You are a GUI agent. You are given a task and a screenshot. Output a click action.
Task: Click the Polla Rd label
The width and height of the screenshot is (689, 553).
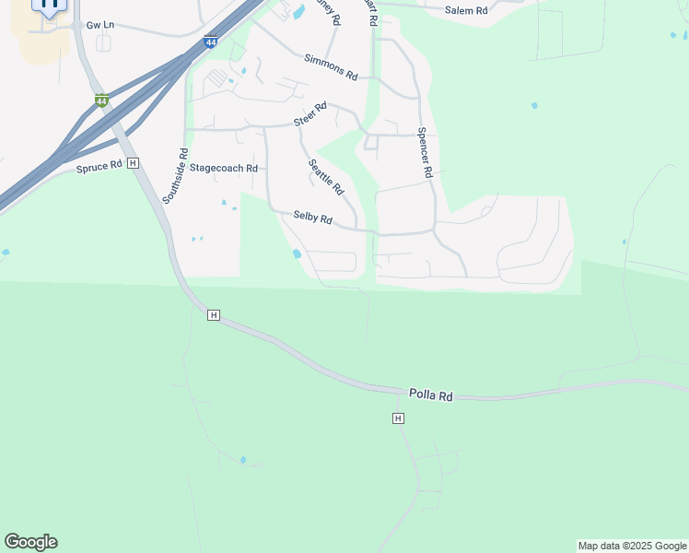coord(431,395)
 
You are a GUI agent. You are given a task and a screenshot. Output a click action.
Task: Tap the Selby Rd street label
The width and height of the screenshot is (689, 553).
coord(312,218)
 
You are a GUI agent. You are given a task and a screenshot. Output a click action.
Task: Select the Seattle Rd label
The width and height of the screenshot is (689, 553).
coord(325,177)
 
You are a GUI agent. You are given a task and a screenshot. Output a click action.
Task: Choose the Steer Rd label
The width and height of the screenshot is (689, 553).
coord(310,115)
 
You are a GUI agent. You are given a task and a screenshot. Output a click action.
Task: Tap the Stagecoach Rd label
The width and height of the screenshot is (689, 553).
coord(224,169)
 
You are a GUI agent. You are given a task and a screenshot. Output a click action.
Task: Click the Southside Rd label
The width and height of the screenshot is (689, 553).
coord(174,176)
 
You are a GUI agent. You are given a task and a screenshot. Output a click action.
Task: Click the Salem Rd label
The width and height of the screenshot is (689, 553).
coord(465,9)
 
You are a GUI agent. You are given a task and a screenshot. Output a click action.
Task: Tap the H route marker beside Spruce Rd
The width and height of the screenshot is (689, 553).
coord(134,163)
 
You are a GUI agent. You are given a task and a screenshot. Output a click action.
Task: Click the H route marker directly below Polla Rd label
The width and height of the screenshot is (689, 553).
coord(398,418)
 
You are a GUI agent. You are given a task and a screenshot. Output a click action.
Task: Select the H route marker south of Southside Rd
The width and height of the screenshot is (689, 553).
coord(214,315)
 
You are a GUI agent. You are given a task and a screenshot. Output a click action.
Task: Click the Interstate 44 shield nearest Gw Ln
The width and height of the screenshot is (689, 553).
coord(212,41)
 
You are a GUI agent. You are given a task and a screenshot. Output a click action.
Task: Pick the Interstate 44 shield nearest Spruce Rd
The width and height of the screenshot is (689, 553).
coord(101,100)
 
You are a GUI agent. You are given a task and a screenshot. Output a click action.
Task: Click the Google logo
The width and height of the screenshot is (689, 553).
coord(30,542)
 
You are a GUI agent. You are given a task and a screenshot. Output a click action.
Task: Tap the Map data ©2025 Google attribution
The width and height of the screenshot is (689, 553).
coord(632,546)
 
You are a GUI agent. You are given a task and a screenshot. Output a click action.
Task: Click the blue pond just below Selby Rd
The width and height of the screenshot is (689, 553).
coord(296,253)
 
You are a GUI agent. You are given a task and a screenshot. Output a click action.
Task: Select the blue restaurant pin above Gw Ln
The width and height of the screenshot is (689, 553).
coord(50,5)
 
